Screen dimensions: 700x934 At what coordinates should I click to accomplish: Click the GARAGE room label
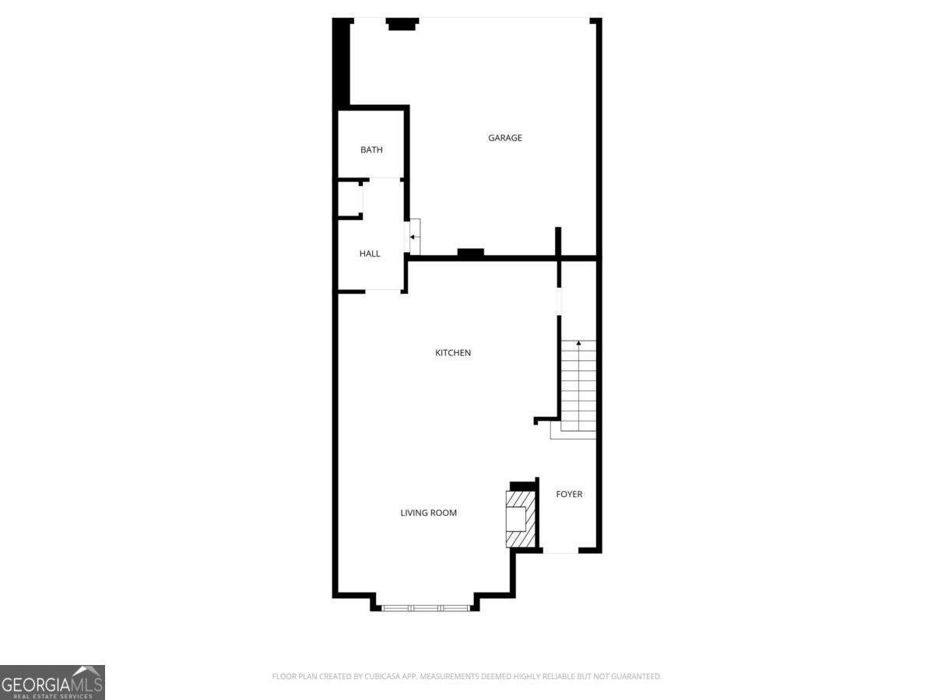[505, 138]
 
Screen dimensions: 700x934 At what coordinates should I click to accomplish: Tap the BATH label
[371, 150]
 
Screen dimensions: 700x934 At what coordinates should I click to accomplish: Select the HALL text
[370, 254]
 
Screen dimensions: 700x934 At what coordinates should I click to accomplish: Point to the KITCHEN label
[453, 353]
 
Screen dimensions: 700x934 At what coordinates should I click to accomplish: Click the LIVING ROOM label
[429, 513]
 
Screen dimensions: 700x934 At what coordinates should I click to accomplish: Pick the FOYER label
[569, 495]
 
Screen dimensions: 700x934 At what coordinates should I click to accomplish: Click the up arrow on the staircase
[578, 344]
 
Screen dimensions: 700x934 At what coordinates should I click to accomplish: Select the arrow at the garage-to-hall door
[414, 236]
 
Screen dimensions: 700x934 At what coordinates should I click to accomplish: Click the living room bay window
[424, 607]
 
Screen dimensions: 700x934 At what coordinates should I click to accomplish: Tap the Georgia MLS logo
[52, 682]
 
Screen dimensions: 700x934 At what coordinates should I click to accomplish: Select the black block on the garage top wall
[403, 25]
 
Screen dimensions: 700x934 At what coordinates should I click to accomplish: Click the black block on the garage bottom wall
[470, 253]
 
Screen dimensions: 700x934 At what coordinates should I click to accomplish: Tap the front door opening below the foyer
[560, 552]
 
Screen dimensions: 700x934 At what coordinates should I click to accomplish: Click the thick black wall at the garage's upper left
[341, 62]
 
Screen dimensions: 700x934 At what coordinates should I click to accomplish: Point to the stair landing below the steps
[573, 429]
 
